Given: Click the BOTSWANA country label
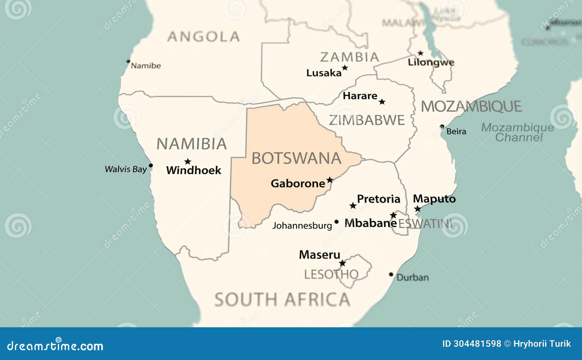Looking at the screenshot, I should tap(296, 159).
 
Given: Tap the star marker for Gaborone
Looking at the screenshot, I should tap(330, 180).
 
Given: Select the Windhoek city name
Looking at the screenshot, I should tap(194, 170).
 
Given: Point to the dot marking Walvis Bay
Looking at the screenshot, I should tap(151, 165).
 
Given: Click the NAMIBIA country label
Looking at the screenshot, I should tap(192, 144).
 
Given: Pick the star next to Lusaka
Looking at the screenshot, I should tap(345, 68).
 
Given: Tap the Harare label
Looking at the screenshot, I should tap(360, 96).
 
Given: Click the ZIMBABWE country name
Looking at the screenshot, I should tap(367, 120).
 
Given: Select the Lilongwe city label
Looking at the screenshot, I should tap(431, 62).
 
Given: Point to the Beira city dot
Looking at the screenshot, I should tap(442, 127).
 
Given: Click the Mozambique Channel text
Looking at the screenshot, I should tap(518, 132).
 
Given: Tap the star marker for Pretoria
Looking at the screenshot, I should tap(352, 206).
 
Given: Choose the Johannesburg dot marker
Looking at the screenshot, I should tap(336, 221).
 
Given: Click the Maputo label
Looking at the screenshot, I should tap(434, 199).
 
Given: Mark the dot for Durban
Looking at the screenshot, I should tap(391, 275).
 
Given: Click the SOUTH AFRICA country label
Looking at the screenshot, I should tap(282, 300).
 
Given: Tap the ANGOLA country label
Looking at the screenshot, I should tap(203, 37).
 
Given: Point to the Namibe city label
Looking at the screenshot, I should tap(145, 66).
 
